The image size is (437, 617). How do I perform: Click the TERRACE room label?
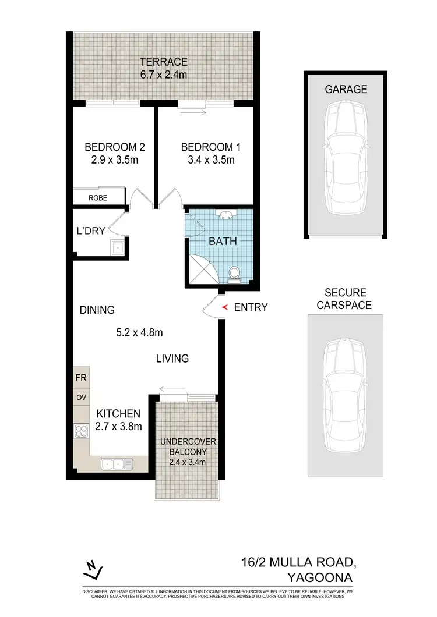pos(163,62)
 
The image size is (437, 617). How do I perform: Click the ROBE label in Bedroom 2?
pos(98,198)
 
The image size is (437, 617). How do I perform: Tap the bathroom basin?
pos(225,215)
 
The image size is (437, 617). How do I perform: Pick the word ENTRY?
pos(251,307)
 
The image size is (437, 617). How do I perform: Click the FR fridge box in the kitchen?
pos(81,378)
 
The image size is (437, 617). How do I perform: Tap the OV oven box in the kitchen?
pos(81,397)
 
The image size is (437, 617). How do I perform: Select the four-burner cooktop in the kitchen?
pos(81,431)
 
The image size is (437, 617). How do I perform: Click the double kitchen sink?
pos(117,463)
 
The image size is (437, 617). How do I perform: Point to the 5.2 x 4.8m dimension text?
pos(140,333)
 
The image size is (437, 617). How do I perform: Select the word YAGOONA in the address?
pos(320,577)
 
